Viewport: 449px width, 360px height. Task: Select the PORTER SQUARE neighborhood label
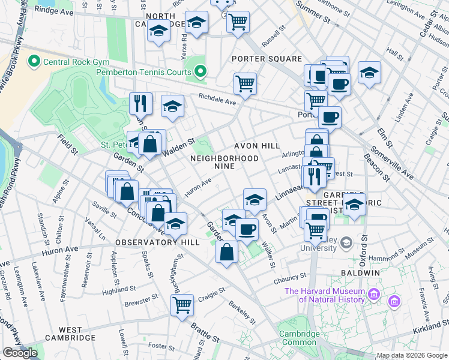tap(267, 59)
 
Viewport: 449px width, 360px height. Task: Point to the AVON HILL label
tap(257, 146)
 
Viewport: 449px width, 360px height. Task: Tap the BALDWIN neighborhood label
tap(361, 272)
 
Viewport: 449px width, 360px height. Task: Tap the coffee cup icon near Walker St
tap(247, 229)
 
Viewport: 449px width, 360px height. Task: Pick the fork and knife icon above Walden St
tap(140, 103)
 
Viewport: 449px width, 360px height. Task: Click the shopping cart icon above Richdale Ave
tap(245, 83)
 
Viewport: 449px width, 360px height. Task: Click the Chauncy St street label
tap(290, 278)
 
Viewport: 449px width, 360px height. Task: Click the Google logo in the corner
tap(20, 353)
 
